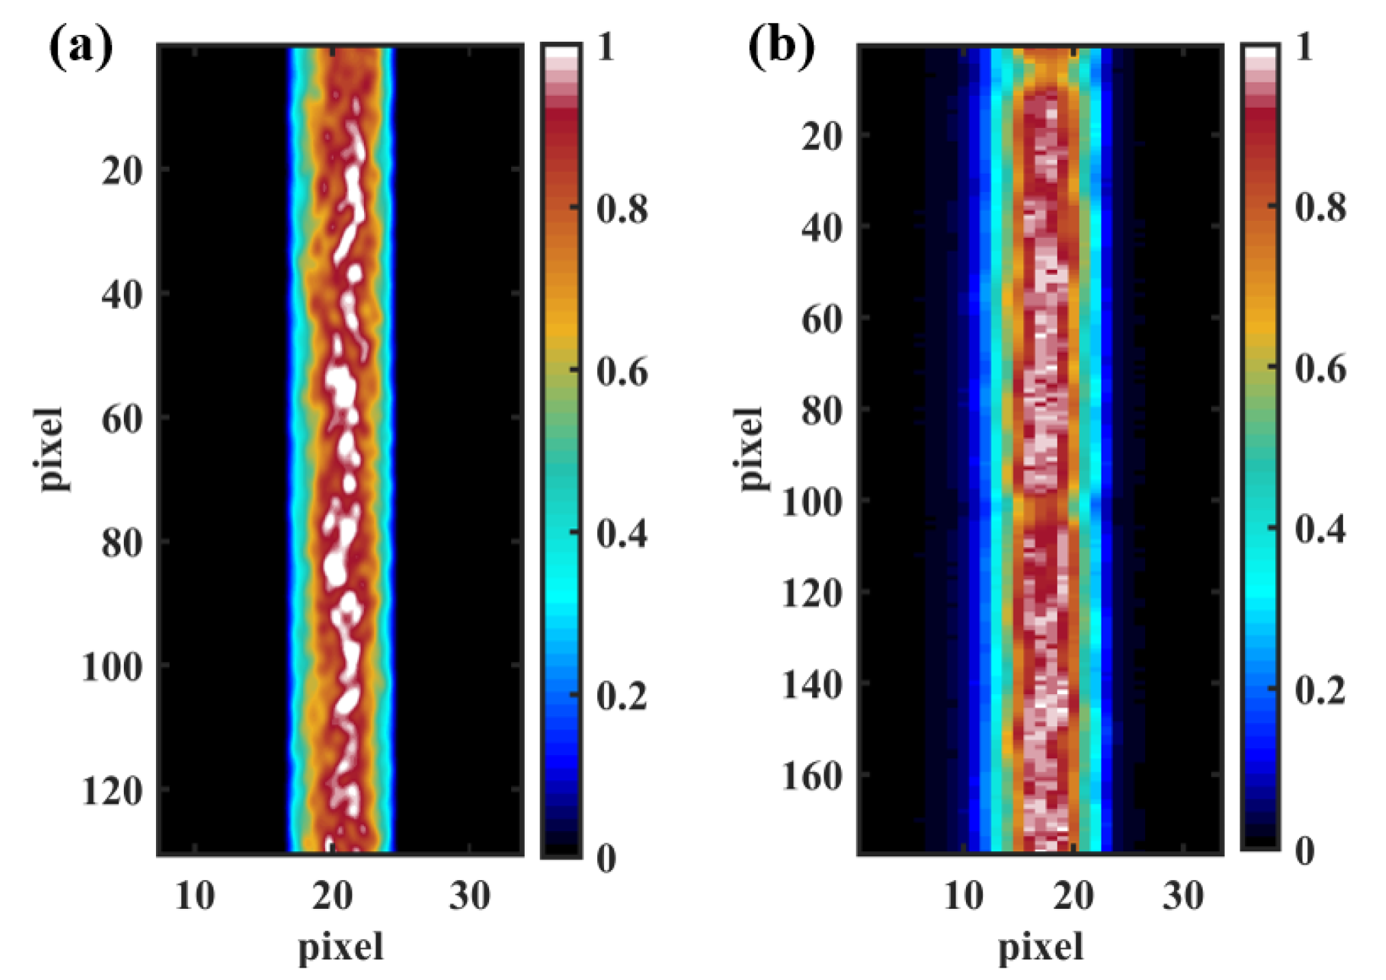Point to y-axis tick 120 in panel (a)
pyautogui.click(x=112, y=792)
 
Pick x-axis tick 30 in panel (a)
pyautogui.click(x=469, y=895)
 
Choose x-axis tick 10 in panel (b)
pyautogui.click(x=963, y=895)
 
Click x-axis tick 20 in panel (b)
pyautogui.click(x=1073, y=895)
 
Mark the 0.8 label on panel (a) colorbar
pyautogui.click(x=621, y=209)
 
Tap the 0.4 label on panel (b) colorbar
pyautogui.click(x=1320, y=529)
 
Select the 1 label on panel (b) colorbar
pyautogui.click(x=1304, y=48)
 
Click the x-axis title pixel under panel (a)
pyautogui.click(x=340, y=948)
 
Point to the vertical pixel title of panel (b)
pyautogui.click(x=750, y=449)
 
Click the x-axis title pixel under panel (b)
pyautogui.click(x=1041, y=948)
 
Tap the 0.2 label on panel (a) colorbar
pyautogui.click(x=621, y=696)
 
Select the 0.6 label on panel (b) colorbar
pyautogui.click(x=1320, y=369)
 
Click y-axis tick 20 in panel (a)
pyautogui.click(x=122, y=170)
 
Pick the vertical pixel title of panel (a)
pyautogui.click(x=51, y=449)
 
